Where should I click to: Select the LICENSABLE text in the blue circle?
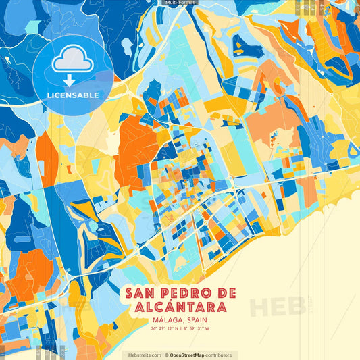coord(72,95)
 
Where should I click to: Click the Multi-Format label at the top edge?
coord(180,3)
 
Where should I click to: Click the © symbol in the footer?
coord(166,355)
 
